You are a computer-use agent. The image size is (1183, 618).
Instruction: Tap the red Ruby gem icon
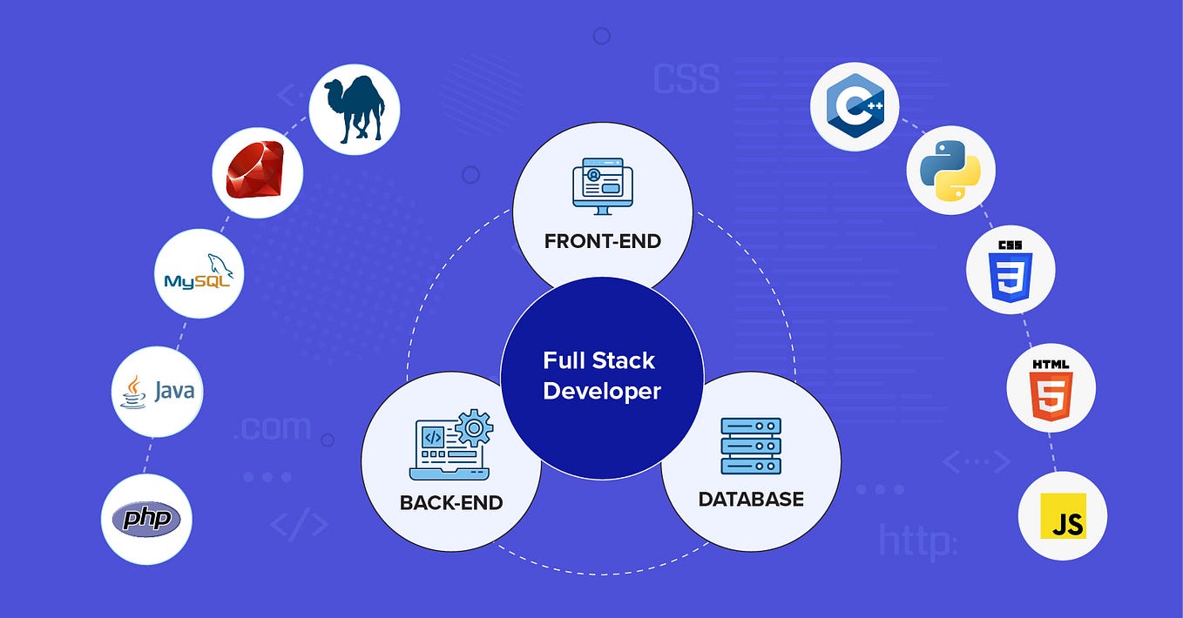coord(257,172)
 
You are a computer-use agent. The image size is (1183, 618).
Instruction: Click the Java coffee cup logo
coord(158,391)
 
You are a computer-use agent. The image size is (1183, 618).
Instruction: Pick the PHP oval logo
coord(145,520)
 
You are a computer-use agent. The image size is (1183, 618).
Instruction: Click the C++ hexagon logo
coord(855,106)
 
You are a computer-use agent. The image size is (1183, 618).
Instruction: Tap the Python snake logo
coord(950,170)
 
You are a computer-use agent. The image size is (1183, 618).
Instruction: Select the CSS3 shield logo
coord(1011,270)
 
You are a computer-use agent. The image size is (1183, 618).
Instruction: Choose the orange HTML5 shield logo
coord(1051,389)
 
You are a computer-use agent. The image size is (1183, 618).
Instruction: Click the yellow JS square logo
coord(1063,515)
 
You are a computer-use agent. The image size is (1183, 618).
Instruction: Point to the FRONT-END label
coord(603,241)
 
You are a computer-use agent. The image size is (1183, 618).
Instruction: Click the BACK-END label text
coord(451,502)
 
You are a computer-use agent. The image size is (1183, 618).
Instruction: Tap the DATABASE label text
coord(751,499)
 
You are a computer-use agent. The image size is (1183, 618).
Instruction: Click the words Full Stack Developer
coord(602,375)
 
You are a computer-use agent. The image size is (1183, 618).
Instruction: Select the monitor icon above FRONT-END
coord(602,186)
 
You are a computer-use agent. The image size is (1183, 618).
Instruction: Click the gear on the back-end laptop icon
coord(474,427)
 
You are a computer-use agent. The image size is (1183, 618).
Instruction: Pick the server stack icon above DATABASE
coord(751,447)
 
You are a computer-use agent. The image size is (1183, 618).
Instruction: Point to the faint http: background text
coord(917,541)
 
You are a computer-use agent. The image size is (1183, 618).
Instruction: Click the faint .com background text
coord(273,427)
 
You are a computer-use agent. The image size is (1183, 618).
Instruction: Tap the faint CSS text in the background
coord(686,78)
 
